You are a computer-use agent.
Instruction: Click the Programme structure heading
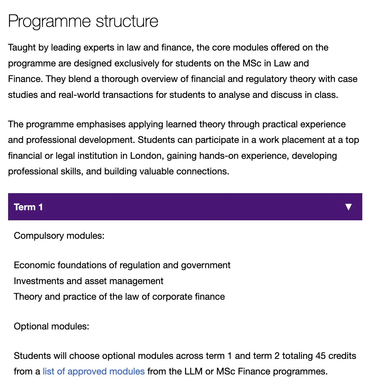point(83,21)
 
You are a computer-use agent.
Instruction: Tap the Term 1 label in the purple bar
point(28,207)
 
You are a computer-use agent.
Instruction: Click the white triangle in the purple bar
point(348,207)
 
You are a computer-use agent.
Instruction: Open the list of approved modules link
point(94,371)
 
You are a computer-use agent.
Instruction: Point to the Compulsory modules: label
point(59,236)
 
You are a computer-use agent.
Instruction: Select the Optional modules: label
point(51,327)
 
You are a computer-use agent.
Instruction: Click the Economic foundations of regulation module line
point(122,265)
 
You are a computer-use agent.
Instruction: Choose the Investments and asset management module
point(88,281)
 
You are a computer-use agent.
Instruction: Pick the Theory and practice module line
point(119,297)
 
